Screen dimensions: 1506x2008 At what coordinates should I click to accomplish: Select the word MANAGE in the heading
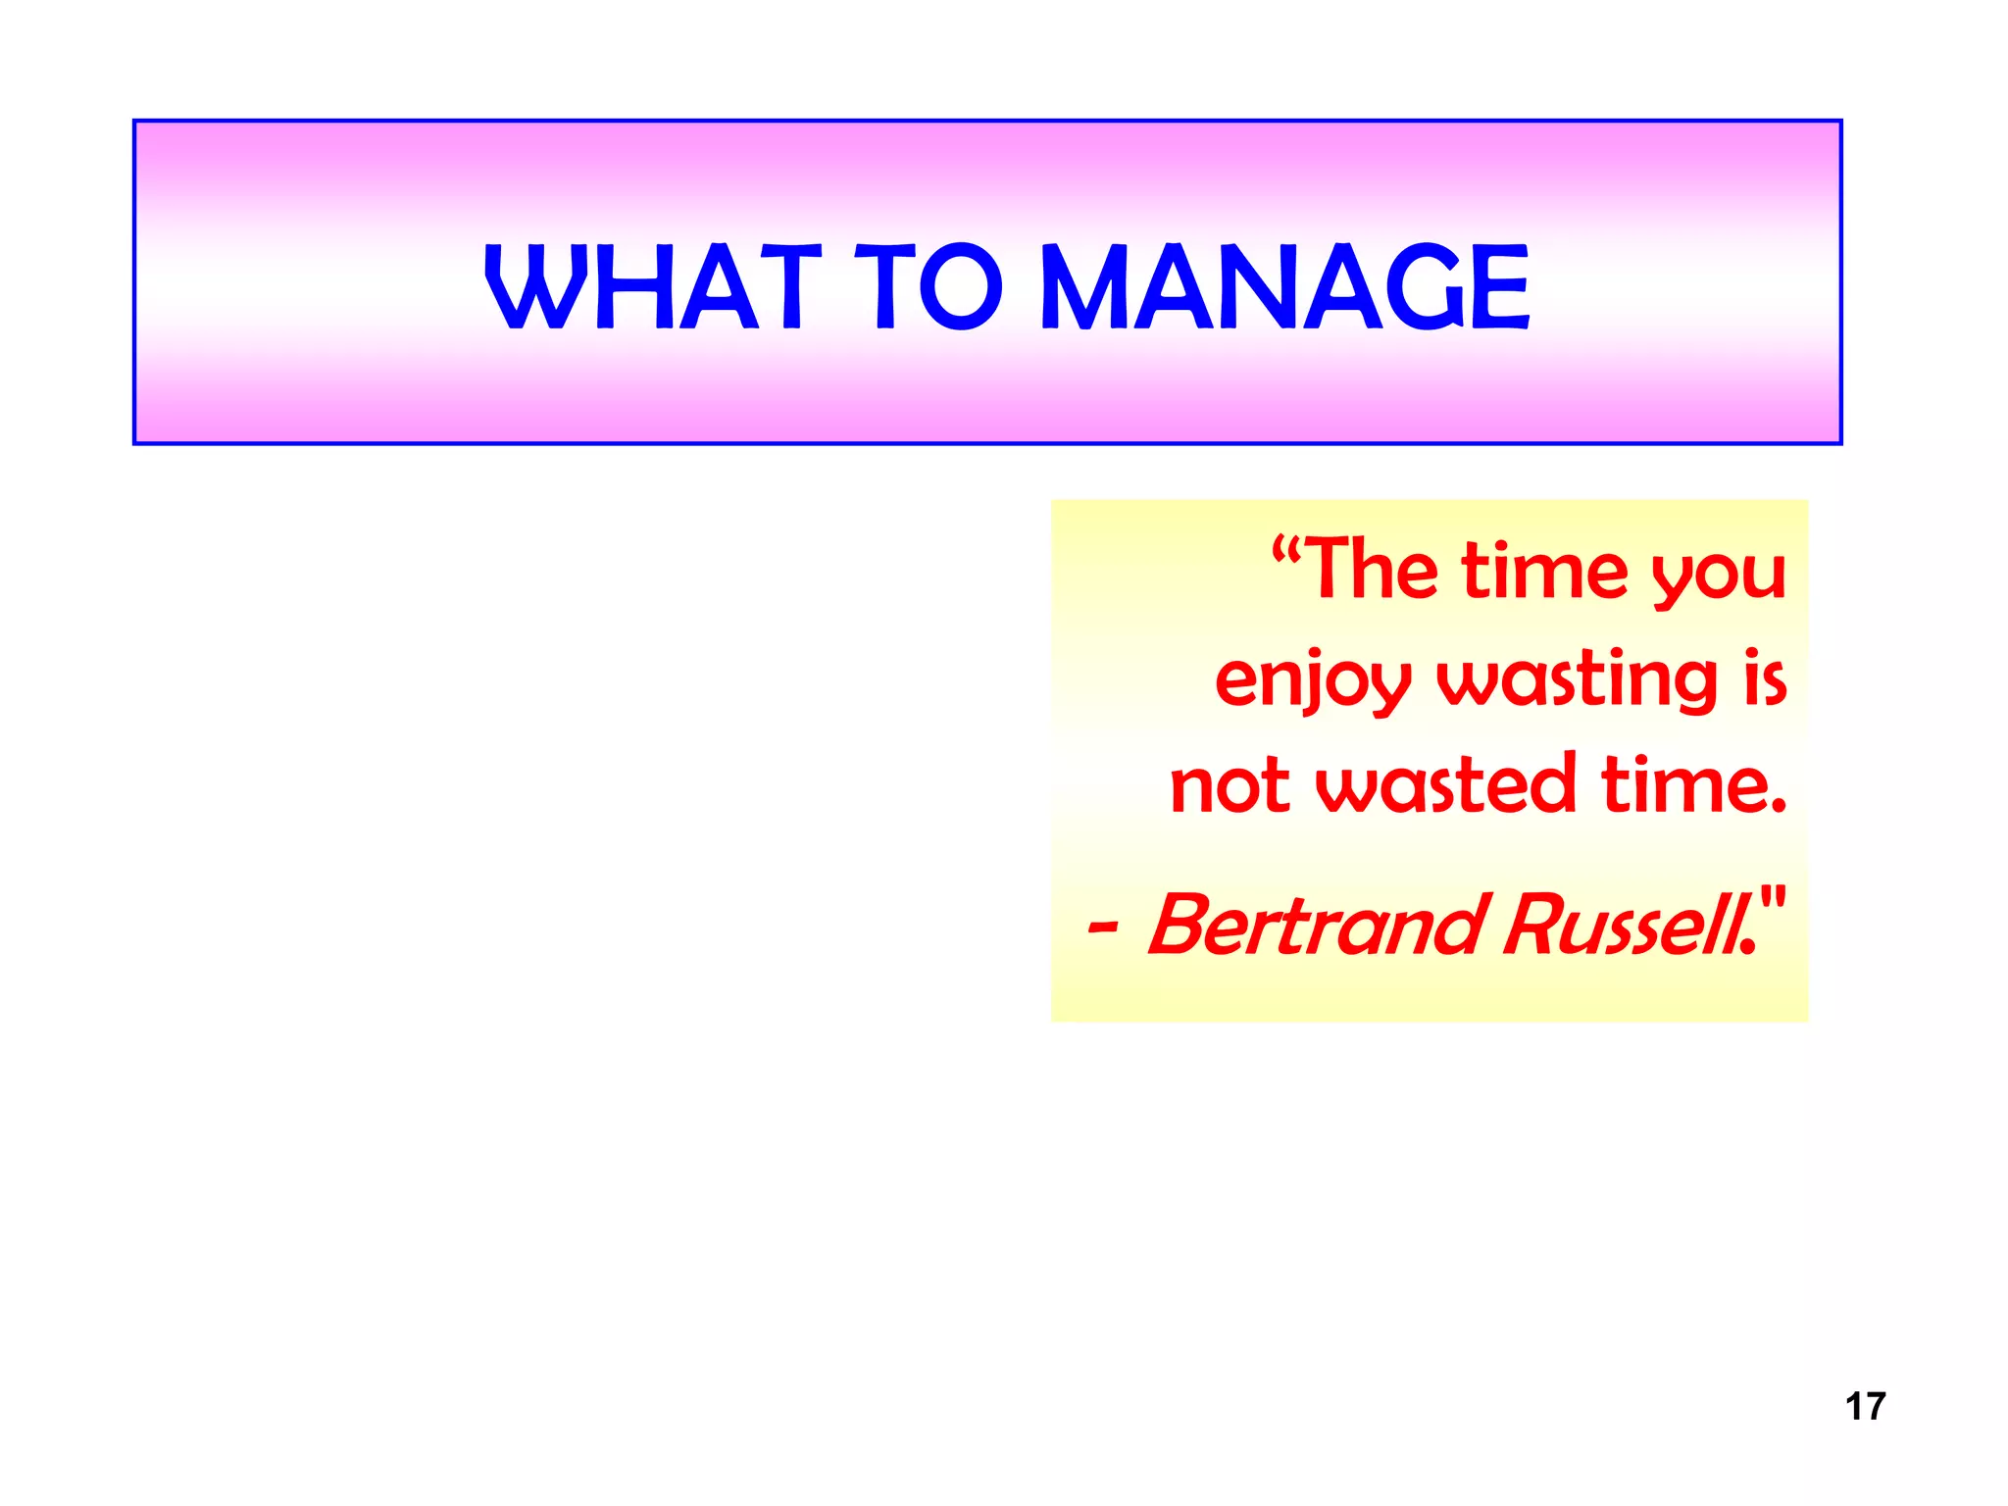coord(1284,286)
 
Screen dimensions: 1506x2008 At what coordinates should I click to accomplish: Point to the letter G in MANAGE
coord(1420,286)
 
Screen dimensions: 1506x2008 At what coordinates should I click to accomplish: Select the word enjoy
coord(1313,681)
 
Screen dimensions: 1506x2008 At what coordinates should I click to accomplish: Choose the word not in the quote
coord(1230,786)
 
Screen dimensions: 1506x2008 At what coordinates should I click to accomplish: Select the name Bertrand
coord(1314,926)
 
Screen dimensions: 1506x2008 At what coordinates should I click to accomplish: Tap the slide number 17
coord(1864,1406)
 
